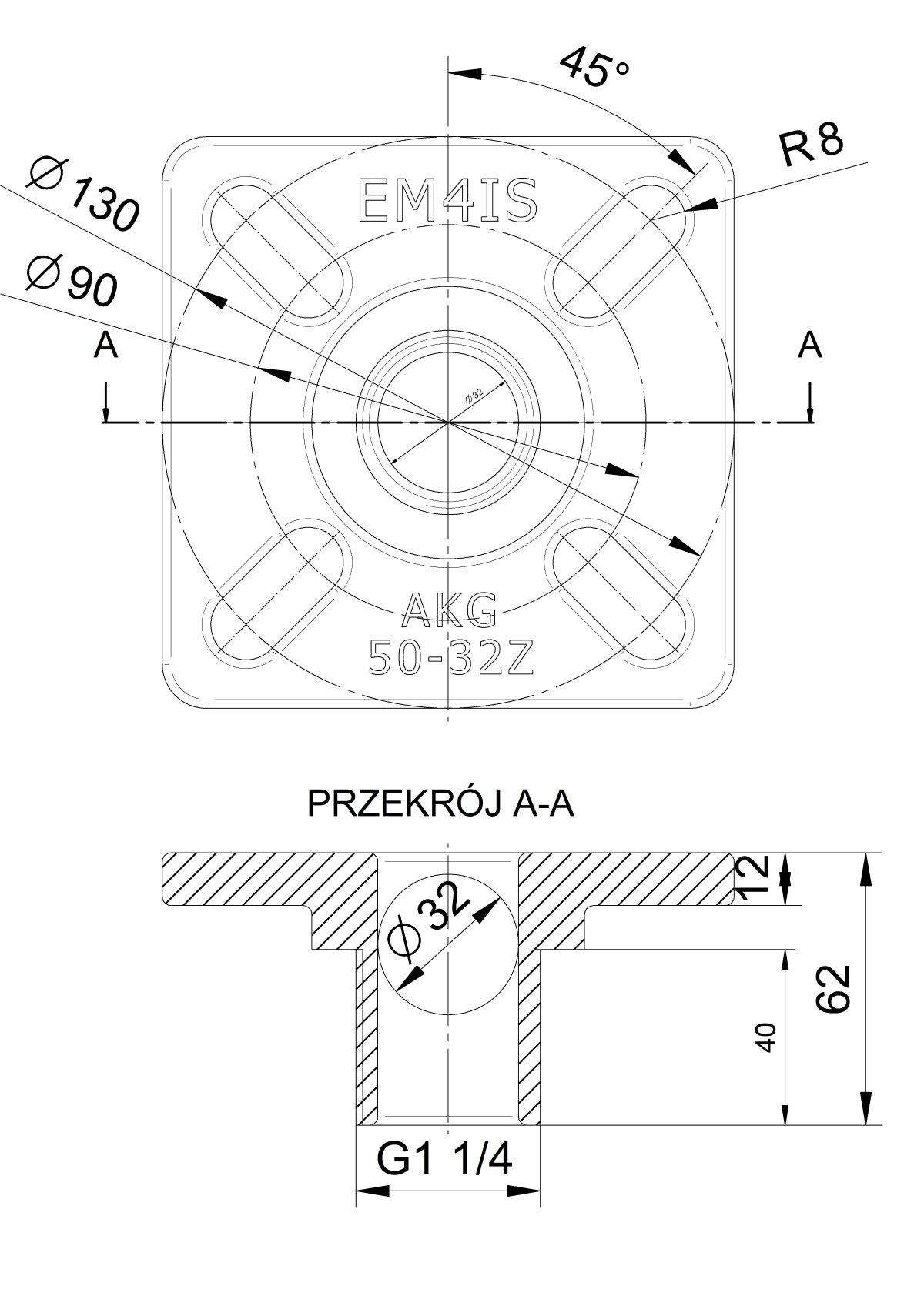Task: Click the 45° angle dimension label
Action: tap(594, 68)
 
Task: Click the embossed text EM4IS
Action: tap(448, 202)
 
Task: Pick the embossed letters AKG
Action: tap(450, 610)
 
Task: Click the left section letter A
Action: tap(105, 346)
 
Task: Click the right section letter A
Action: tap(809, 346)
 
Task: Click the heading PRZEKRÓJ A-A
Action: tap(440, 804)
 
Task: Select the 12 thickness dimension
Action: tap(754, 877)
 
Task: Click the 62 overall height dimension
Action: tap(834, 988)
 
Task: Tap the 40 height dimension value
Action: tap(766, 1037)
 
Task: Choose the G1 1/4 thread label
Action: tap(444, 1159)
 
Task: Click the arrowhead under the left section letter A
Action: tap(105, 416)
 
